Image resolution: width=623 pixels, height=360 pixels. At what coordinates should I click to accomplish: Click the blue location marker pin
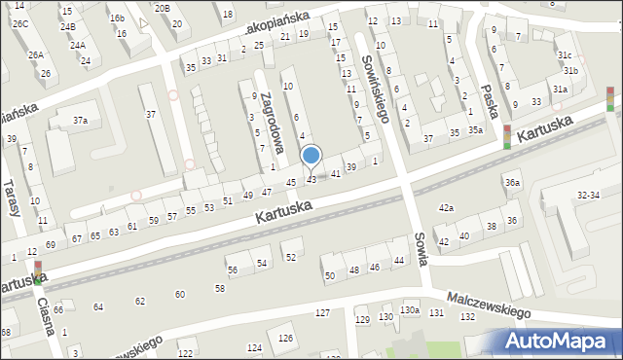(x=311, y=157)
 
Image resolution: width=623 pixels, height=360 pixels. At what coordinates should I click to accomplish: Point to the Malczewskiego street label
(x=488, y=306)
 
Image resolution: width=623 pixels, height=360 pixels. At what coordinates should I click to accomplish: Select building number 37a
(x=81, y=121)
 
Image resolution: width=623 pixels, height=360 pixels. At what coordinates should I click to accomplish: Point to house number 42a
(x=446, y=208)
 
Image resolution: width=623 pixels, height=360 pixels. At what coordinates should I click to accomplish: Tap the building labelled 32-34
(x=589, y=196)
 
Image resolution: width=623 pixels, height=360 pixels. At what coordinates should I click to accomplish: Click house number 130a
(x=411, y=310)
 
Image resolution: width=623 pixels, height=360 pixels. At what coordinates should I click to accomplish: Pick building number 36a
(x=512, y=182)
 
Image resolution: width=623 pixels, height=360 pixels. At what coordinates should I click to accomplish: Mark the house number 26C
(x=21, y=22)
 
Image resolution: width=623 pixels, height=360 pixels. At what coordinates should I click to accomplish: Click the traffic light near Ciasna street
(x=38, y=272)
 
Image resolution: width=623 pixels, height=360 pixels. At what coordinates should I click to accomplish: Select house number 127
(x=322, y=312)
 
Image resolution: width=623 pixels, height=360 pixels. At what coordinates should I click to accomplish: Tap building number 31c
(x=565, y=55)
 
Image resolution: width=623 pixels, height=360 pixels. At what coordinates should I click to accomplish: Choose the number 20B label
(x=162, y=8)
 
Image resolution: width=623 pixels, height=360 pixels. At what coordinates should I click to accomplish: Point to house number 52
(x=290, y=256)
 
